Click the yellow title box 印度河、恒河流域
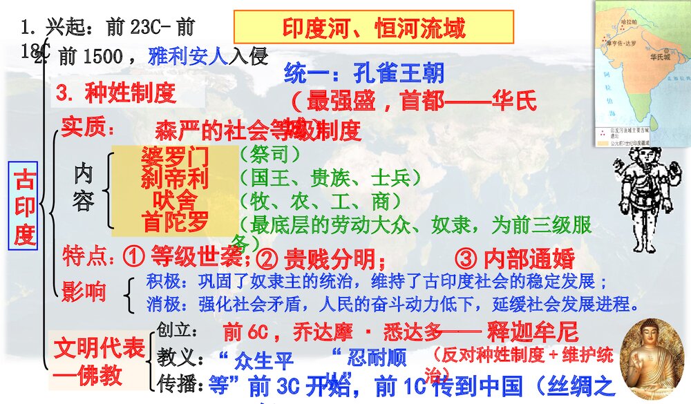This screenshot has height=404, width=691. click(x=374, y=28)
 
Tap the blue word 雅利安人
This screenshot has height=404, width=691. click(x=188, y=57)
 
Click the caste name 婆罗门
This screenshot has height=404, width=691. click(x=174, y=156)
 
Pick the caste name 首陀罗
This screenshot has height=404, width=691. click(x=174, y=222)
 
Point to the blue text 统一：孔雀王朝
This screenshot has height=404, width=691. click(x=363, y=73)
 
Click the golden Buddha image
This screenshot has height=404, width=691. click(x=653, y=358)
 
